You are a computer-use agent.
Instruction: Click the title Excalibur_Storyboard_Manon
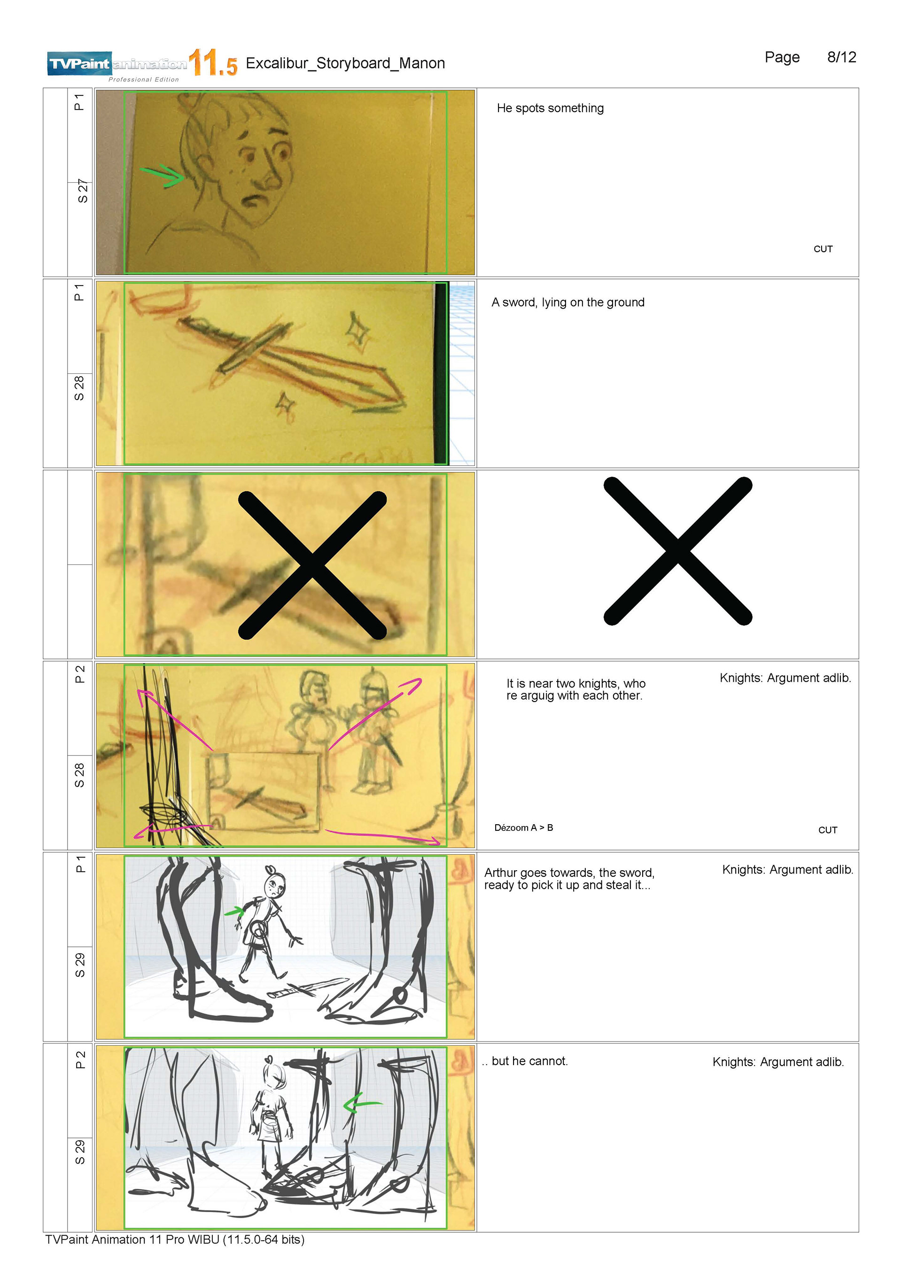[345, 63]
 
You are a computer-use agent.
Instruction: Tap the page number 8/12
[841, 57]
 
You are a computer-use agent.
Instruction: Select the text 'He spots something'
[550, 108]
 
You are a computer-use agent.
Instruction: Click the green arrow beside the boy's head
[162, 176]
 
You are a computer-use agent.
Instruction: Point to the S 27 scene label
[82, 191]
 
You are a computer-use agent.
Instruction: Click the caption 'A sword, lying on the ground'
[568, 302]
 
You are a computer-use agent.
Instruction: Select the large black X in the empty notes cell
[677, 551]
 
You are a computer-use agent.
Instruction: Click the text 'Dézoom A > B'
[523, 827]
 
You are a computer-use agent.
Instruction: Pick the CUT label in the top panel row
[823, 249]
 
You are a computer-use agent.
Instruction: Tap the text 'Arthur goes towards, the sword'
[569, 873]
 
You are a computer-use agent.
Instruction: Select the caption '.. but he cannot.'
[525, 1061]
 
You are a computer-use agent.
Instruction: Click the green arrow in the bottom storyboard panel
[362, 1104]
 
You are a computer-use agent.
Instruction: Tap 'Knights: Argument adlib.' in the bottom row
[778, 1062]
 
